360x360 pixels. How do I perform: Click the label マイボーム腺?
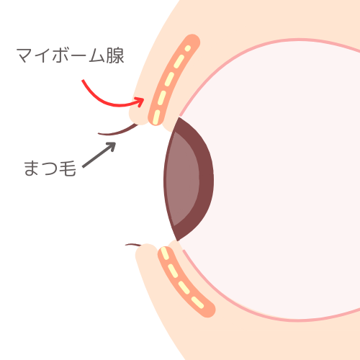tap(71, 55)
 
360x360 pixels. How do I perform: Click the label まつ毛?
tap(50, 168)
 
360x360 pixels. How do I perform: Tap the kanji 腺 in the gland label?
tap(115, 55)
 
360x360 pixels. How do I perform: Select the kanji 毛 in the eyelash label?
tap(68, 168)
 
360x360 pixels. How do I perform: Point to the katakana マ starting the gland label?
tap(25, 55)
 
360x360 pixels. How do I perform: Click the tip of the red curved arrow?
tap(143, 99)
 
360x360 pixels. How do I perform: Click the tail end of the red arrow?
tap(83, 80)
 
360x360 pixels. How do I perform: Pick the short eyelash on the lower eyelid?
tap(133, 245)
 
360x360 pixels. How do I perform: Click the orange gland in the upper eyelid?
tap(172, 79)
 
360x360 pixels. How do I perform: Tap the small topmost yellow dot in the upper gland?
tap(188, 48)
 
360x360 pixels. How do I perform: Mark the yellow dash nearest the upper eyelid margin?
tap(156, 117)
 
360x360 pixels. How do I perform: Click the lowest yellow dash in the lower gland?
tap(197, 303)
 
